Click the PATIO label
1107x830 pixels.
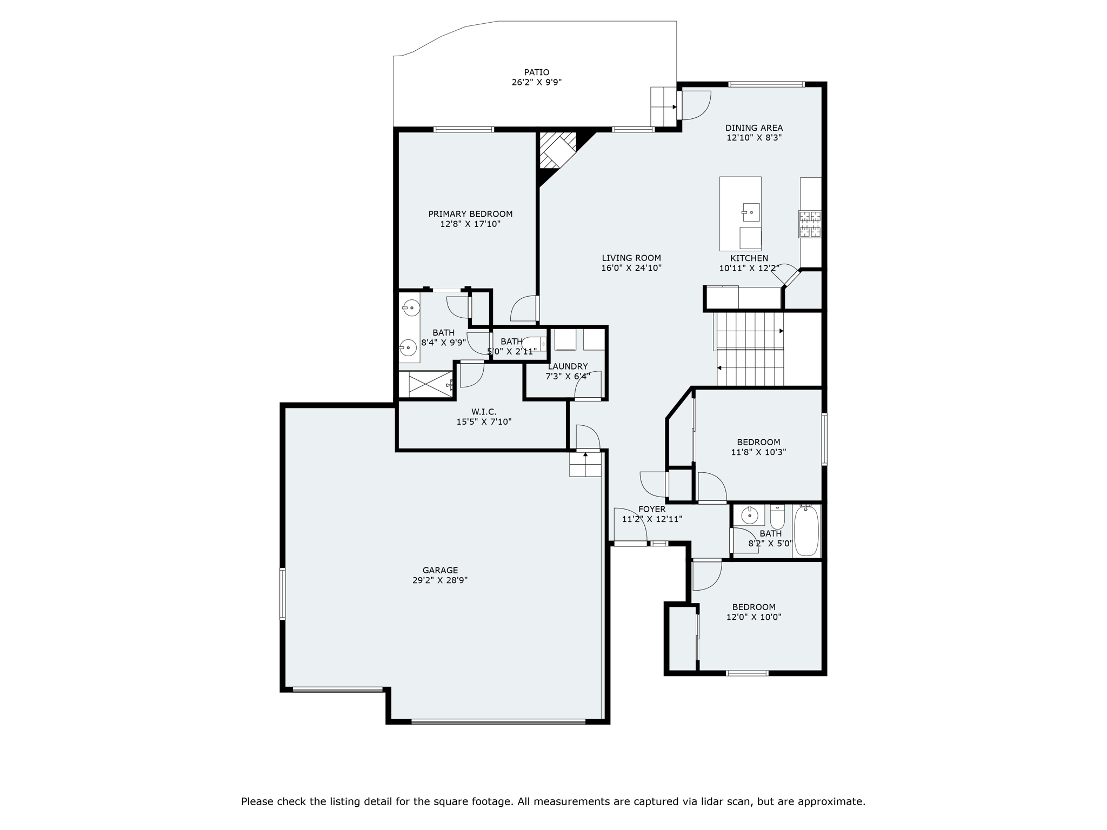[x=536, y=72]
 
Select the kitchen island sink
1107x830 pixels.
[x=751, y=212]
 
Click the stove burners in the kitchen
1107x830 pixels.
[x=810, y=224]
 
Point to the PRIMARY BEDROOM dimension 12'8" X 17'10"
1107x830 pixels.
[x=470, y=224]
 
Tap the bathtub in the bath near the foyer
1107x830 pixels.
[x=806, y=531]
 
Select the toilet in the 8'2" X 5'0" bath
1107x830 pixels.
[x=777, y=518]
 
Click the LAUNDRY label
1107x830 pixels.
[x=568, y=366]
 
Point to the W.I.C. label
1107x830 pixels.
[x=484, y=412]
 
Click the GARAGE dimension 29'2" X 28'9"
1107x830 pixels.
[x=439, y=580]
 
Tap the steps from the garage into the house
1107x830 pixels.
[x=585, y=464]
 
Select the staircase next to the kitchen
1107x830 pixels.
[x=749, y=349]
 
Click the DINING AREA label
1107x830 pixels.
[x=753, y=128]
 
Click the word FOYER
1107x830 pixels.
[x=651, y=509]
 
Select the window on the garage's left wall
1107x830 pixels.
[x=282, y=593]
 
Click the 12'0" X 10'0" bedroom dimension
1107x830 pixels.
[x=753, y=617]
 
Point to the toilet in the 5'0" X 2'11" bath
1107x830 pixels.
[x=534, y=344]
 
